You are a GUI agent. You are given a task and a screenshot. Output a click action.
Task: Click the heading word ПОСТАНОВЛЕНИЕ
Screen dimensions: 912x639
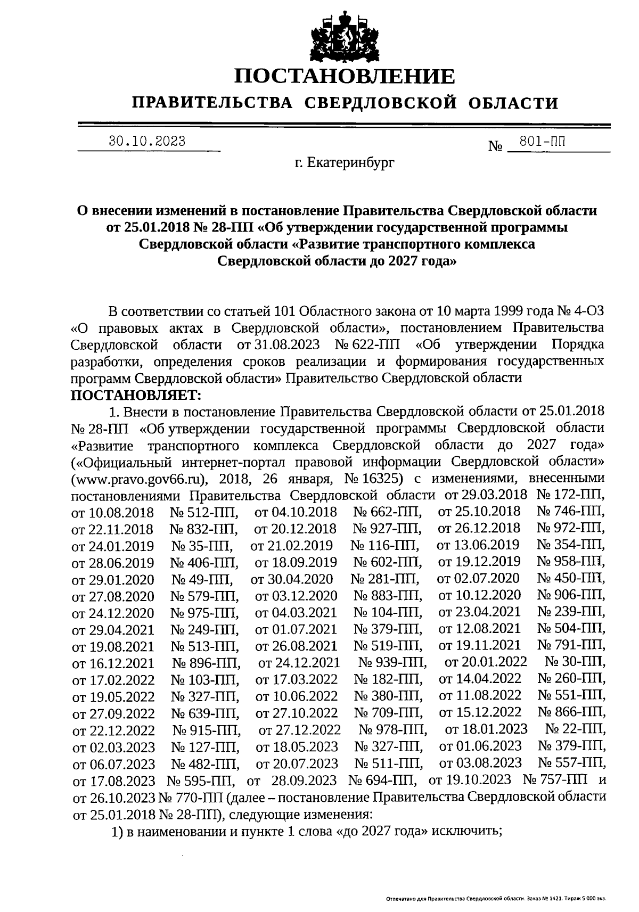pos(345,77)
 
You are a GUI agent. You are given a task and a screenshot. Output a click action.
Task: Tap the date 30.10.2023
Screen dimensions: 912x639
pos(147,141)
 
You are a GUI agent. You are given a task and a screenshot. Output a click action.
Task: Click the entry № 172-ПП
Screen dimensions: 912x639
pos(570,495)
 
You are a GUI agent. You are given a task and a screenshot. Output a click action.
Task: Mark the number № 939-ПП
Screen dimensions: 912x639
pos(392,662)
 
